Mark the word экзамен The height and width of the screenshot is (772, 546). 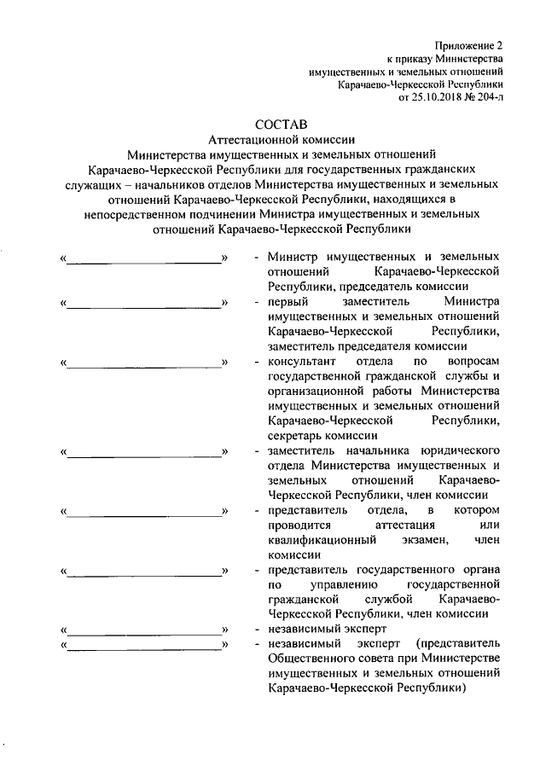415,539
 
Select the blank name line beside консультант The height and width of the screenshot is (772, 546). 144,363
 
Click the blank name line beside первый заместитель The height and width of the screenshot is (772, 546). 144,303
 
